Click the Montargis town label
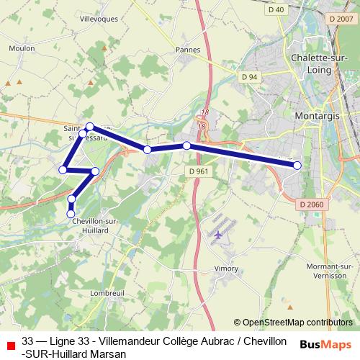pos(318,114)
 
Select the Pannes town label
pos(187,50)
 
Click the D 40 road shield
pos(276,10)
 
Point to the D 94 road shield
pos(250,77)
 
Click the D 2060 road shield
pos(312,204)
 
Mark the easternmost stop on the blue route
pos(297,166)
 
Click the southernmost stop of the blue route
pos(71,213)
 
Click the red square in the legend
pos(10,346)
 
